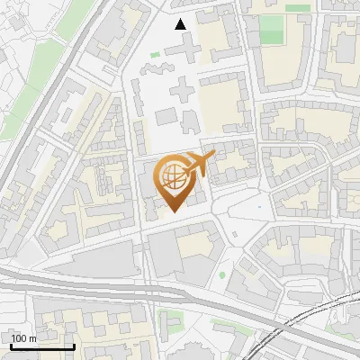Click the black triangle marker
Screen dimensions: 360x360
(181, 24)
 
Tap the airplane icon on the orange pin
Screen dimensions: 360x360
(199, 163)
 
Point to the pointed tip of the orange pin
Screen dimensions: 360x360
(173, 212)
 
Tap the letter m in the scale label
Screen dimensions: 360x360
(33, 338)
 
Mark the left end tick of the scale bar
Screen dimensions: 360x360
(10, 346)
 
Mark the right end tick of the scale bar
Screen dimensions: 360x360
(74, 346)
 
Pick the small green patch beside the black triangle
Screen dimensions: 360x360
(155, 55)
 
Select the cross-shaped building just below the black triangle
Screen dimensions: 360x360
(183, 87)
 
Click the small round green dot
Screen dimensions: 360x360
(222, 274)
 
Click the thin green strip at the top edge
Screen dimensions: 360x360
(299, 8)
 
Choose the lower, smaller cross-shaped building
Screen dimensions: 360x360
(166, 117)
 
